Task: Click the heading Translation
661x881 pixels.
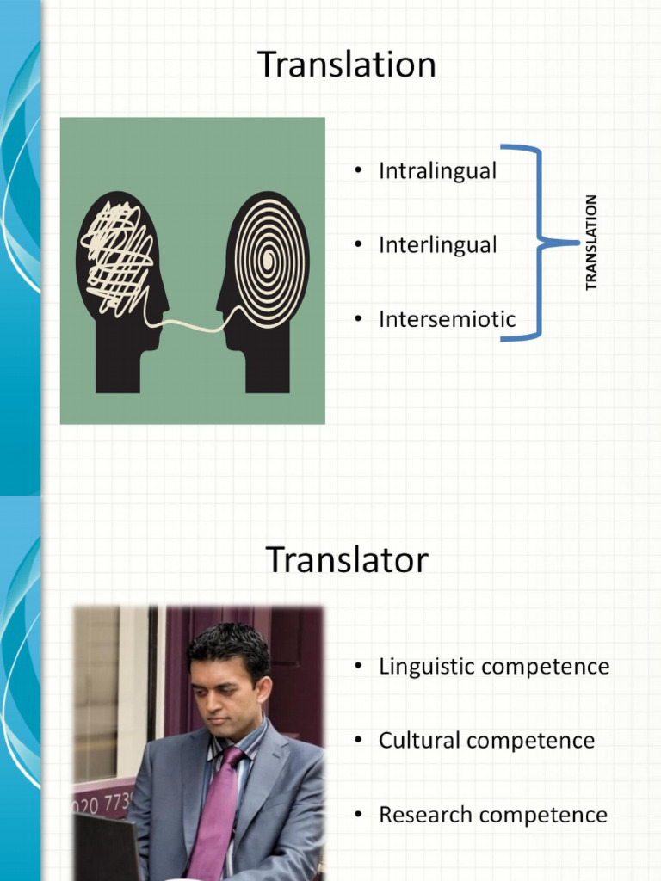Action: point(346,65)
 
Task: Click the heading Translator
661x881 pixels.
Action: point(346,560)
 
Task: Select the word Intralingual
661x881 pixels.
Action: point(437,171)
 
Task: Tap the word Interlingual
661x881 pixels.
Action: point(437,245)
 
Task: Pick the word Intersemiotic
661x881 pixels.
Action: point(447,319)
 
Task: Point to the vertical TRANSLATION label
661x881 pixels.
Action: point(590,243)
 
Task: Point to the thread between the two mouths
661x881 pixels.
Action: point(194,323)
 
